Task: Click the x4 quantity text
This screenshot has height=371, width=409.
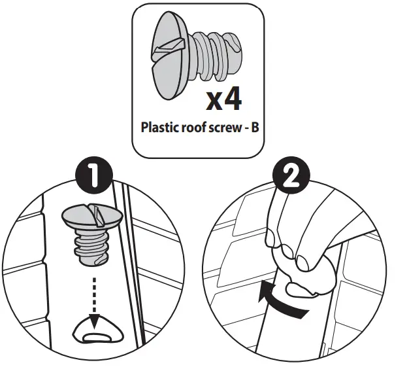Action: coord(223,100)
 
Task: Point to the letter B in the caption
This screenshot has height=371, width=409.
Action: coord(255,127)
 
